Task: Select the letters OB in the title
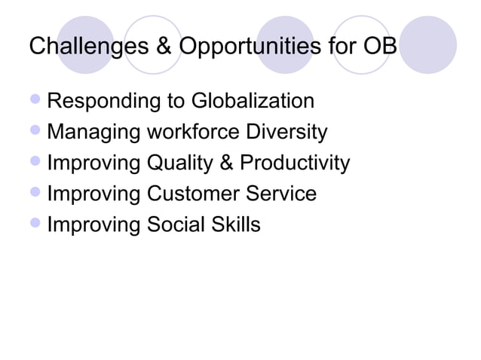380,47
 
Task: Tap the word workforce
194,133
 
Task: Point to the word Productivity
296,163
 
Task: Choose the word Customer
193,194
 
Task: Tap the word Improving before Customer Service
93,194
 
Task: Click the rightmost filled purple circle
427,45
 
